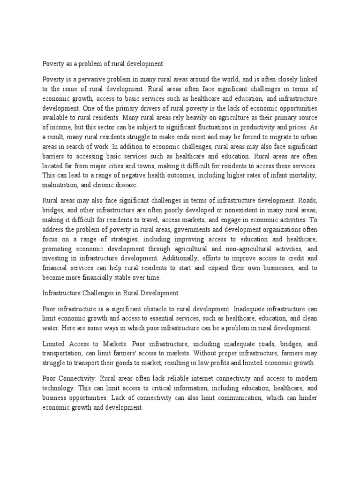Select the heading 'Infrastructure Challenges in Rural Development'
[110, 293]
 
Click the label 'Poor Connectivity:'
[71, 379]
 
